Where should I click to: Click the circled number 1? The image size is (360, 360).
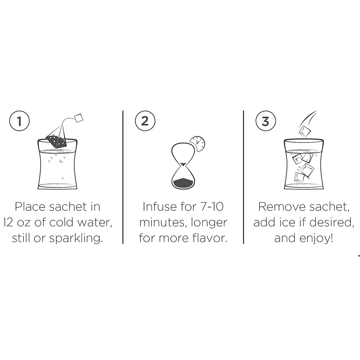pyautogui.click(x=19, y=121)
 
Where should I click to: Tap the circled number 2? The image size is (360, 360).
pyautogui.click(x=145, y=121)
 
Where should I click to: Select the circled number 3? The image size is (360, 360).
pyautogui.click(x=265, y=121)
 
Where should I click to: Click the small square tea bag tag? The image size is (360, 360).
pyautogui.click(x=78, y=118)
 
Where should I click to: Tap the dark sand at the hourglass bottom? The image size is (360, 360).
pyautogui.click(x=183, y=182)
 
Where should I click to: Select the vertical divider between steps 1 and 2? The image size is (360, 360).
pyautogui.click(x=123, y=177)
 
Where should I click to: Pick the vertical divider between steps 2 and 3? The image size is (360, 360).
pyautogui.click(x=243, y=177)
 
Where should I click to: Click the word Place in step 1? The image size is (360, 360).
pyautogui.click(x=30, y=207)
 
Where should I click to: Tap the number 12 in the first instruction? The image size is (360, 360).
pyautogui.click(x=9, y=223)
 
